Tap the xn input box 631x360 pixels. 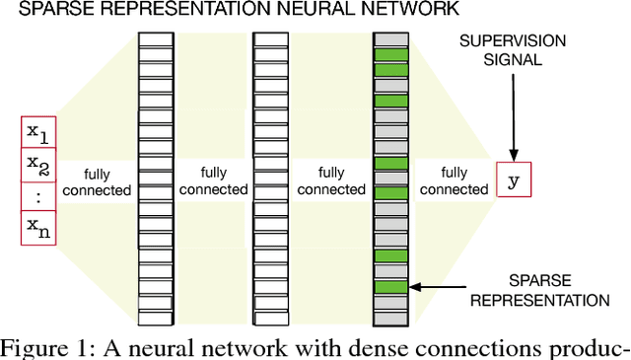[x=38, y=229]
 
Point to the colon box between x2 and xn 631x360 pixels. [x=38, y=196]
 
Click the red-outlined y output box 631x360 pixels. [x=512, y=180]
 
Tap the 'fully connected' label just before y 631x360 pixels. [x=454, y=180]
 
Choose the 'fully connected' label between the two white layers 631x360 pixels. [x=213, y=180]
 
